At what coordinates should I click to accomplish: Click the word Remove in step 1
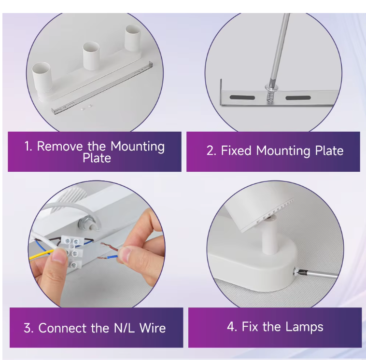(x=60, y=146)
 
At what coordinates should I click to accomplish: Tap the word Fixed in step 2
(x=236, y=151)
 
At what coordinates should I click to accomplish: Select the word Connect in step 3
(x=63, y=328)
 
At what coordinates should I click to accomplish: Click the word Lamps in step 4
(x=304, y=327)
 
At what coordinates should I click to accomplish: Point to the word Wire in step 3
(x=153, y=328)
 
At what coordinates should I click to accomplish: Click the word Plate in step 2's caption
(x=329, y=151)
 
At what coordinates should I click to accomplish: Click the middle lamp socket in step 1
(x=91, y=56)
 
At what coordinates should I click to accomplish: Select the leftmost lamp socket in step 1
(x=42, y=77)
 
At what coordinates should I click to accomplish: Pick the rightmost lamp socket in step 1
(x=133, y=38)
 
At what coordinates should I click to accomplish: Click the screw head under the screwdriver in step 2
(x=271, y=88)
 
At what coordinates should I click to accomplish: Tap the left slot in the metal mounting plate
(x=242, y=97)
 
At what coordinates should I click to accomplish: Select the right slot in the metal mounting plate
(x=298, y=97)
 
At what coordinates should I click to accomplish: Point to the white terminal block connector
(x=73, y=251)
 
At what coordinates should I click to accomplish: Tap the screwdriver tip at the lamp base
(x=296, y=271)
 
